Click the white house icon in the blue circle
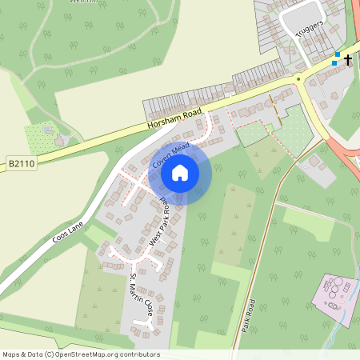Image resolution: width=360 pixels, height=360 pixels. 180,172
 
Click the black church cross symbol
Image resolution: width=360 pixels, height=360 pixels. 348,59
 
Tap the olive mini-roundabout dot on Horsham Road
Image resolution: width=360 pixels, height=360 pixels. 298,78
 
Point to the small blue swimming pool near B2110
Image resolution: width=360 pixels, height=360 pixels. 49,128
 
